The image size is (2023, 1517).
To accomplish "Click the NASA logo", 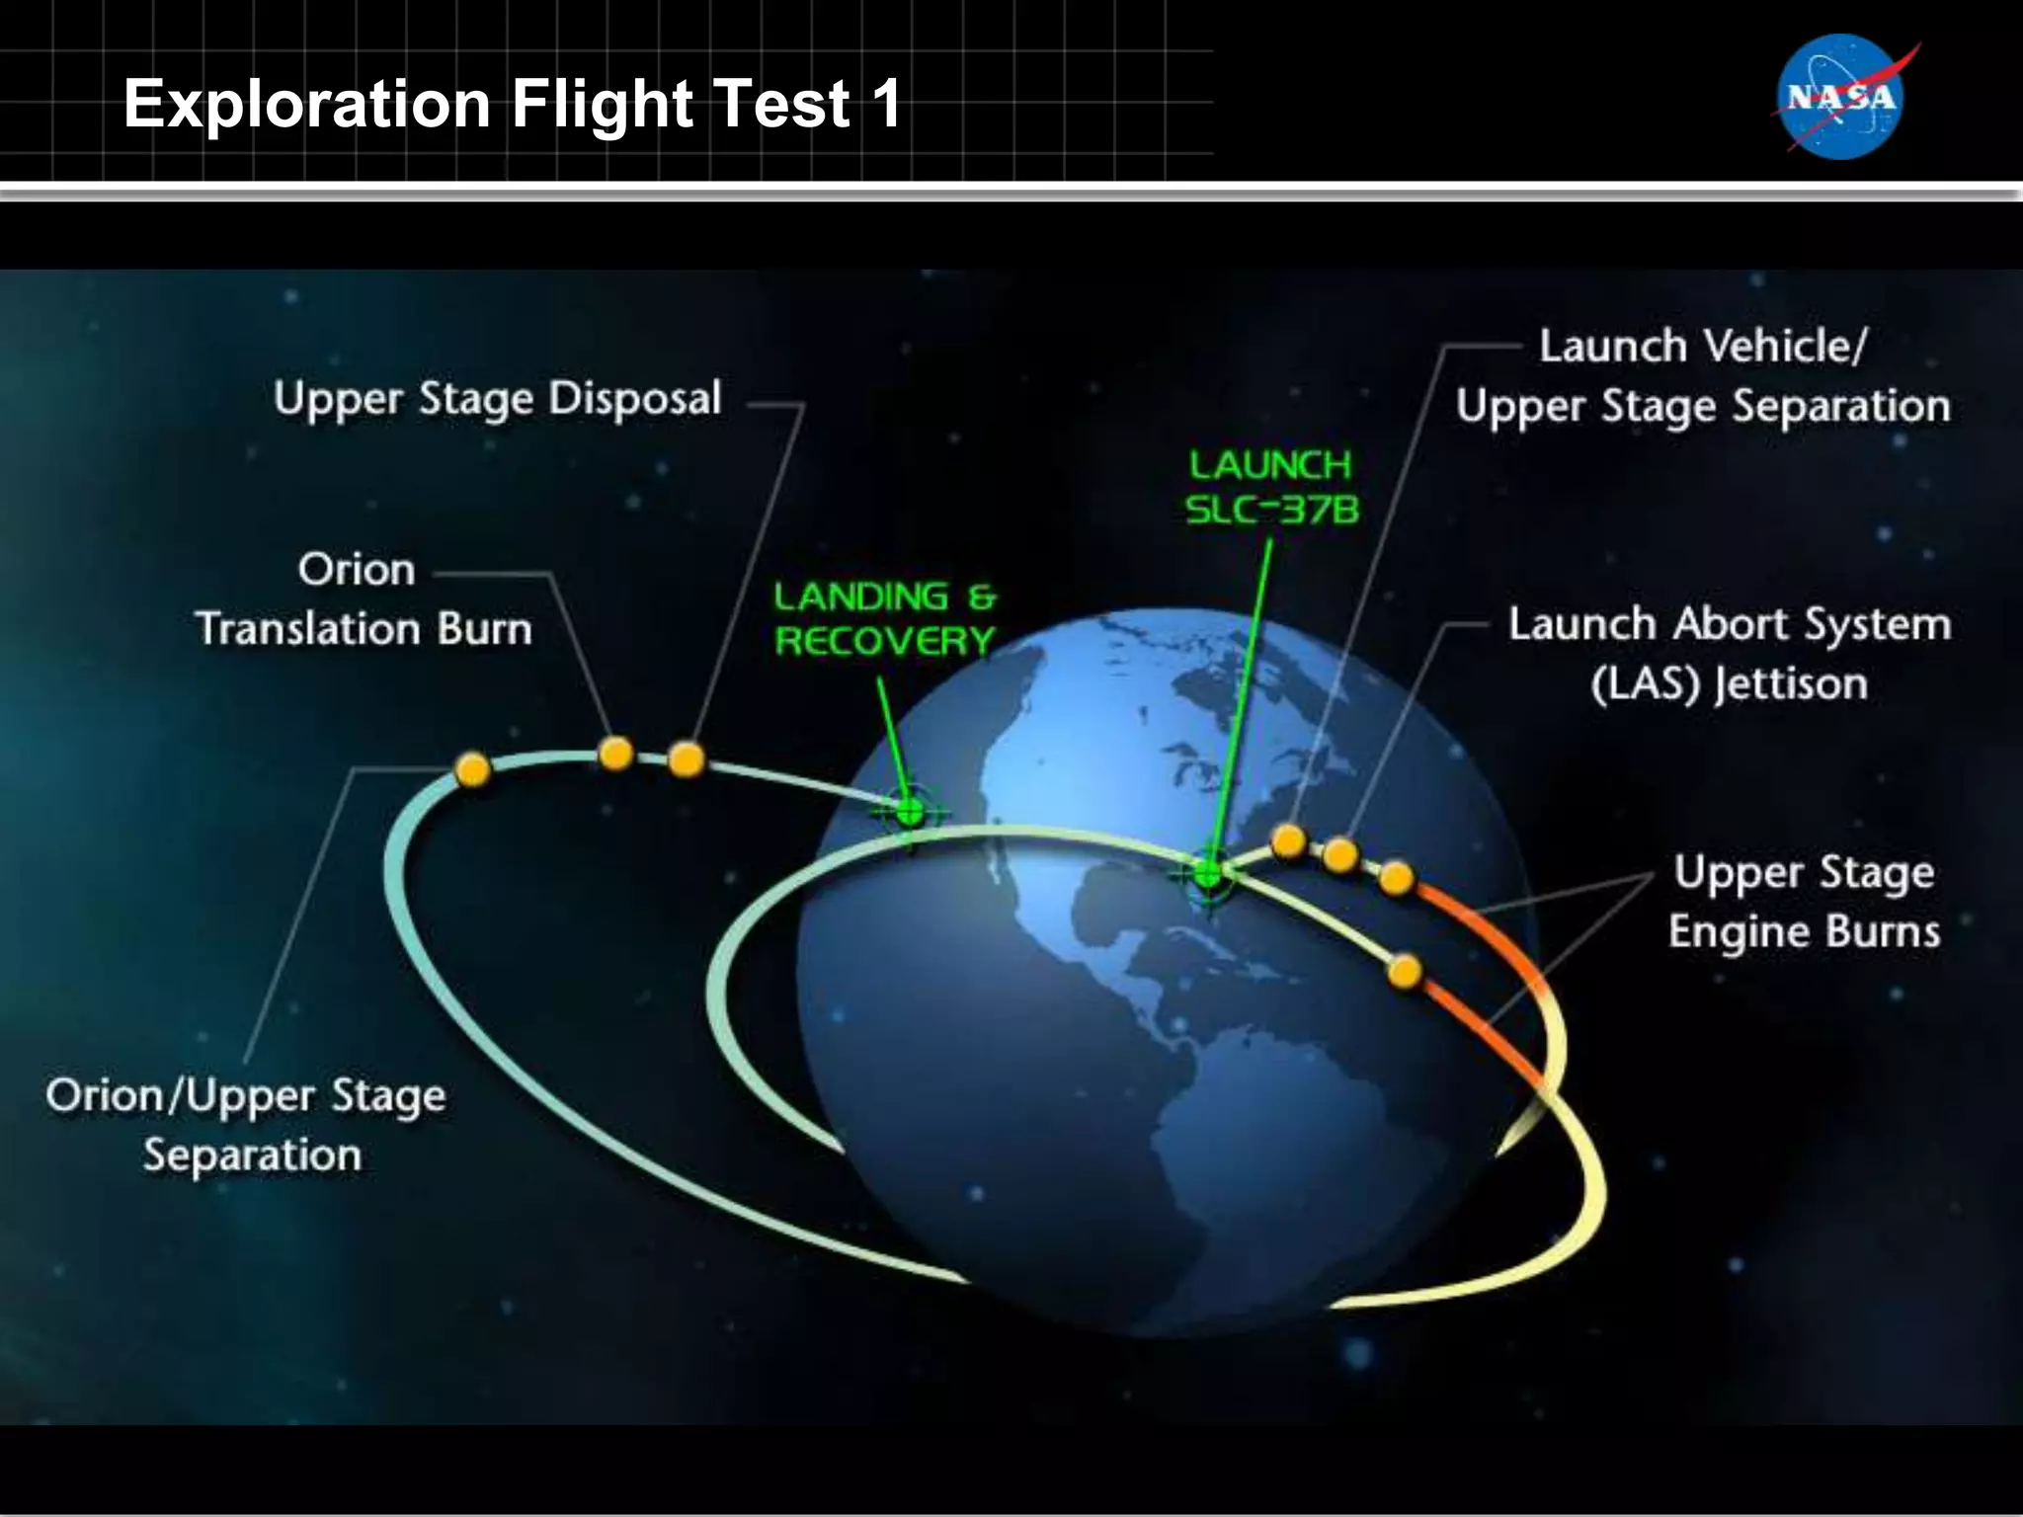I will click(x=1839, y=97).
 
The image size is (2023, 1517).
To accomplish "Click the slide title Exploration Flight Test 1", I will click(x=512, y=104).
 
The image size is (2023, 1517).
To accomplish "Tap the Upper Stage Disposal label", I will click(x=498, y=400).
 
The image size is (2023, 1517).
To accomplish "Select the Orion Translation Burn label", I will click(x=363, y=599).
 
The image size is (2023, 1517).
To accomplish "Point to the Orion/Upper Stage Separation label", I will click(x=247, y=1125).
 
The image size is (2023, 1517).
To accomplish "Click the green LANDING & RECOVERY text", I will click(x=884, y=619).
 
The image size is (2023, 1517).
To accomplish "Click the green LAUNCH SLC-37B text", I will click(x=1271, y=487).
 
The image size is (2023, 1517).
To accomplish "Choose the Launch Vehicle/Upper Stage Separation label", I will click(x=1703, y=377).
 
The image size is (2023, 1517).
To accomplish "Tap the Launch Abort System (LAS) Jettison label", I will click(x=1729, y=654).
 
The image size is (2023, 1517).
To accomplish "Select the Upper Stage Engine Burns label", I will click(x=1804, y=902).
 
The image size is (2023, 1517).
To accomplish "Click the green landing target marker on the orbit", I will click(x=910, y=813).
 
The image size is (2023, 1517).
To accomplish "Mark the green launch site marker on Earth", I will click(x=1207, y=873).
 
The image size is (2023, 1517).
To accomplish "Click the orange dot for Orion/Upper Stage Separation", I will click(x=473, y=769).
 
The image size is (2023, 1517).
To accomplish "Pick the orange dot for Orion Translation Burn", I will click(x=615, y=754).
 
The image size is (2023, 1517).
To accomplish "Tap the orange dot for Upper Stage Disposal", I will click(x=687, y=759).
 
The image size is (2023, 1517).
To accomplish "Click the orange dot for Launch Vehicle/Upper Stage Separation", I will click(x=1288, y=841).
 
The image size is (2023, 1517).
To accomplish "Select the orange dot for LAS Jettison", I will click(x=1340, y=854).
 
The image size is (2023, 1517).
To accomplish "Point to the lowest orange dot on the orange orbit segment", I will click(x=1404, y=971).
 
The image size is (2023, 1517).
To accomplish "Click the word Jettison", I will click(x=1790, y=683).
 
